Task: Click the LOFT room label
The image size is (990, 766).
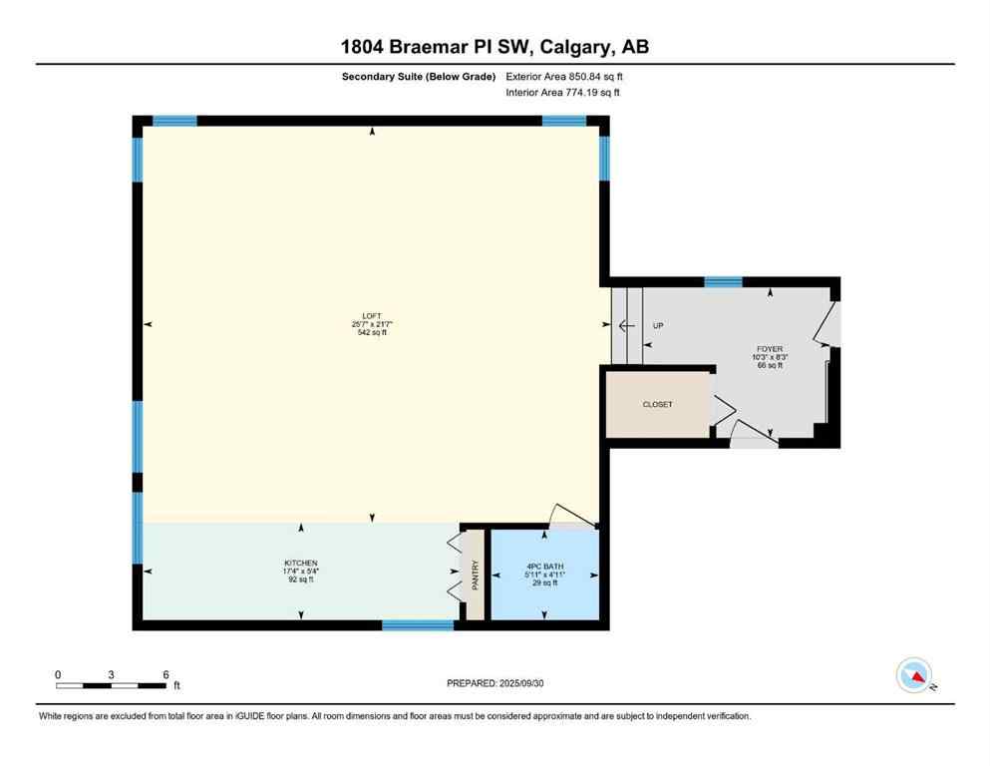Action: click(x=371, y=315)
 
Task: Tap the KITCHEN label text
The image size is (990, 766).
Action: click(x=300, y=564)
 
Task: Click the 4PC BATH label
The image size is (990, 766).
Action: click(x=544, y=568)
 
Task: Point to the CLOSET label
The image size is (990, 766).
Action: click(x=657, y=405)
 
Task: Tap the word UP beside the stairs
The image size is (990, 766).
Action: click(x=658, y=326)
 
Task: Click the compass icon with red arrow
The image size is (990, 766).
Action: click(x=914, y=676)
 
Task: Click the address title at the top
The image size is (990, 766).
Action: click(x=495, y=47)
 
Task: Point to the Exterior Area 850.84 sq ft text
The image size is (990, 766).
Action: click(x=564, y=76)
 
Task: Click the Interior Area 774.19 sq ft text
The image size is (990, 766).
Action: click(x=562, y=93)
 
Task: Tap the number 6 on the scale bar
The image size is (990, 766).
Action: click(x=165, y=674)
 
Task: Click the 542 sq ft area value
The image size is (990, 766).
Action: click(x=371, y=333)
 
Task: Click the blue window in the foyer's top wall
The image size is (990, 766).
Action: click(x=723, y=282)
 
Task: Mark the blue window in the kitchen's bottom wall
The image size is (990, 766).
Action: click(x=418, y=625)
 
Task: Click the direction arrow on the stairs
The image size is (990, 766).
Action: click(x=624, y=326)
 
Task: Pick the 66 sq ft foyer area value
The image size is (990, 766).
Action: click(x=770, y=366)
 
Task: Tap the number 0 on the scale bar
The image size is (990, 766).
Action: click(x=58, y=674)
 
